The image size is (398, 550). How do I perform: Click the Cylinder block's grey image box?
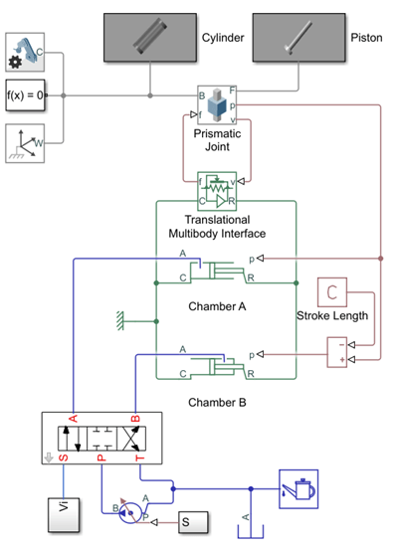(x=149, y=37)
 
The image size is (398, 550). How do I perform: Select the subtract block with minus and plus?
(x=340, y=350)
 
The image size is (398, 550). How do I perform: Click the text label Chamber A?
(x=216, y=305)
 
